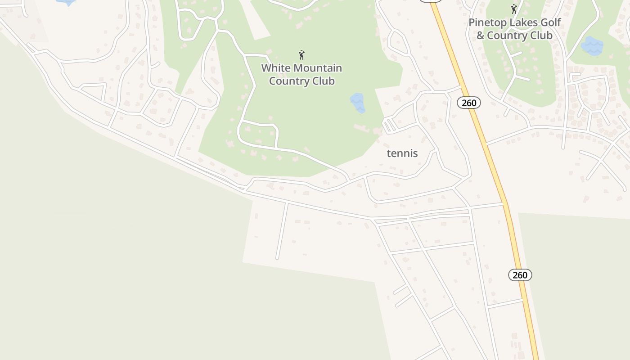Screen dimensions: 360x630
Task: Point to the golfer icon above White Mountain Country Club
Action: [x=301, y=55]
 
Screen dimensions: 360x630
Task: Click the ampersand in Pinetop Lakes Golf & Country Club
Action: [x=480, y=36]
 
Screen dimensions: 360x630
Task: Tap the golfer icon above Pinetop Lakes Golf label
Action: [x=514, y=9]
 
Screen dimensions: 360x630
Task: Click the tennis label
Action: [x=402, y=153]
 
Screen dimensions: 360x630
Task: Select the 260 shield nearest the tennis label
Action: [x=469, y=103]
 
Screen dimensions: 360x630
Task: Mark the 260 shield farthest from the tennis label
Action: [x=520, y=275]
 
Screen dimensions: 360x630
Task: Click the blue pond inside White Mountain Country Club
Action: [x=357, y=103]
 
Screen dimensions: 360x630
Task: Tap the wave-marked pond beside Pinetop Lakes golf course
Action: [x=592, y=46]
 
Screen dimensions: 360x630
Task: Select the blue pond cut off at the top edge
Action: [x=66, y=2]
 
